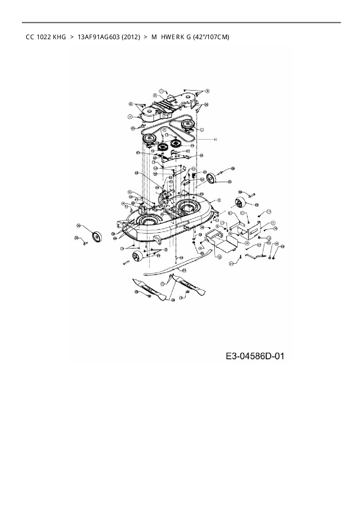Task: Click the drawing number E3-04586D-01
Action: click(255, 356)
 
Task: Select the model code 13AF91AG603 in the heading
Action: click(99, 37)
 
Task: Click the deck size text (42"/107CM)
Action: click(211, 37)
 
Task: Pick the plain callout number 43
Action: click(215, 140)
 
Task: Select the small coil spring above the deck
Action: click(194, 177)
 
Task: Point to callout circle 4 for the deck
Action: click(219, 201)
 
